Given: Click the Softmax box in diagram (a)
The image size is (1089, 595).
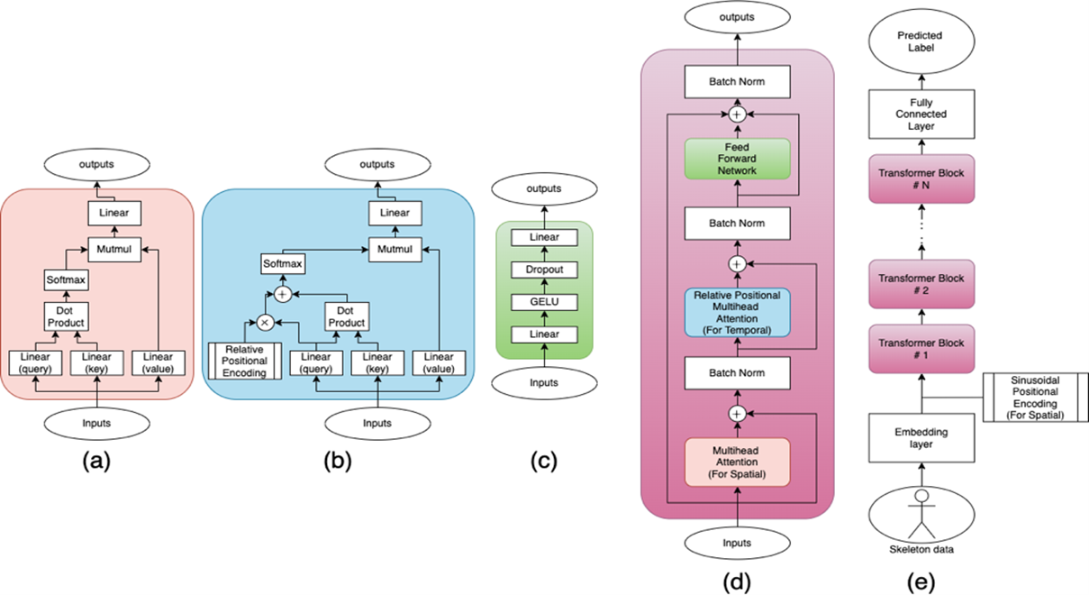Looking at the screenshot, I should click(x=66, y=280).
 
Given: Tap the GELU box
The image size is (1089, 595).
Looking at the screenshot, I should click(x=544, y=301).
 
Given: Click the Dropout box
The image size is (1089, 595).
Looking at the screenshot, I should click(x=544, y=270).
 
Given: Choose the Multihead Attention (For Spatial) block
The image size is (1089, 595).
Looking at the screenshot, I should click(x=737, y=462).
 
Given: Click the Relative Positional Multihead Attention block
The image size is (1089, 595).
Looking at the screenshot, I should click(x=737, y=312).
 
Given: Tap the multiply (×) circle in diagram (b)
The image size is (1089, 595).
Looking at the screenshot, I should click(x=267, y=321).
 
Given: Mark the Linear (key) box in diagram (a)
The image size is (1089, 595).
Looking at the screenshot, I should click(x=96, y=362).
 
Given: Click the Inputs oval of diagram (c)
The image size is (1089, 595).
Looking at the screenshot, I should click(x=544, y=382).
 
